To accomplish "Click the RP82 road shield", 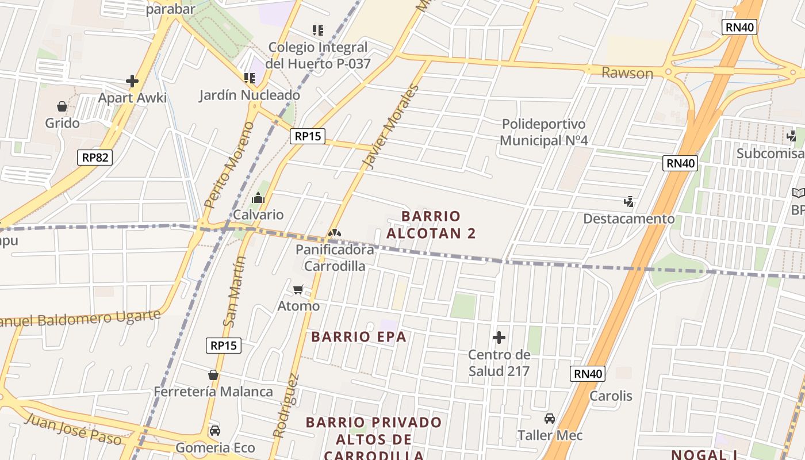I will coord(95,157).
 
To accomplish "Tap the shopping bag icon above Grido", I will coord(62,106).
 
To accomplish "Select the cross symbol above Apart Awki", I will coord(132,81).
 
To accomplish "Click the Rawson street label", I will coord(627,73).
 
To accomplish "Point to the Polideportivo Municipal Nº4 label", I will coord(543,132).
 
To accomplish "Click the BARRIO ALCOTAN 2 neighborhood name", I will coord(431,224).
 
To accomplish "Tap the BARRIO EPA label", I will coord(359,337).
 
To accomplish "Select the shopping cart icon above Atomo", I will coord(298,289).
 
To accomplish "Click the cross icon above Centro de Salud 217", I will coord(499,338).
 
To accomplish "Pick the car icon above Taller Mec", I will coord(550,419).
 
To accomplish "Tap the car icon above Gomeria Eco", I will coord(214,431).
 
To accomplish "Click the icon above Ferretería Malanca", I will coord(213,375).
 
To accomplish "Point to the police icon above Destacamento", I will coord(629,202).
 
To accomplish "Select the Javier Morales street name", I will coord(389,127).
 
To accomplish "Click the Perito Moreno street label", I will coord(228,164).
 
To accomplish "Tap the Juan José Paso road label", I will coord(73,428).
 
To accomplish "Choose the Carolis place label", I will coord(611,396).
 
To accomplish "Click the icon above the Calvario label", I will coord(258,198).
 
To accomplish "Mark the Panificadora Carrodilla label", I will coord(335,258).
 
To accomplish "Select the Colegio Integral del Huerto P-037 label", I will coord(318,55).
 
